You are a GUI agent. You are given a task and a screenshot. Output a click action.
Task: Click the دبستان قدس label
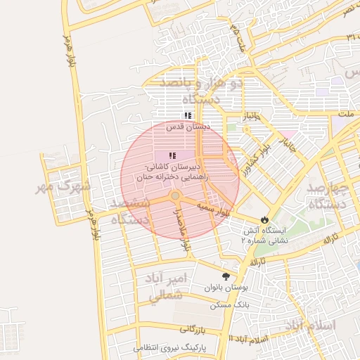[x=188, y=127]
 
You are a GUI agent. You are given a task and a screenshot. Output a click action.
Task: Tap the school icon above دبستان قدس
[x=188, y=115]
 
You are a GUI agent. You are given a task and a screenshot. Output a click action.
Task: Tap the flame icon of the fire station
[x=264, y=219]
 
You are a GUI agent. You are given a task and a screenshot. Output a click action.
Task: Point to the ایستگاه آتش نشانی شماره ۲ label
[x=264, y=235]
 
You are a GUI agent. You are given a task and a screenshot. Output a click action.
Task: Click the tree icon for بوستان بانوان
[x=226, y=277]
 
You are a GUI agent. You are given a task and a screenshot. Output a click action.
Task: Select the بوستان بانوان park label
[x=226, y=288]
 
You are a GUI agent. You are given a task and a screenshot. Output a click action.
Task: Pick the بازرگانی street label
[x=191, y=329]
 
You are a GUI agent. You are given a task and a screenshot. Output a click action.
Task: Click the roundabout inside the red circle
[x=174, y=195]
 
